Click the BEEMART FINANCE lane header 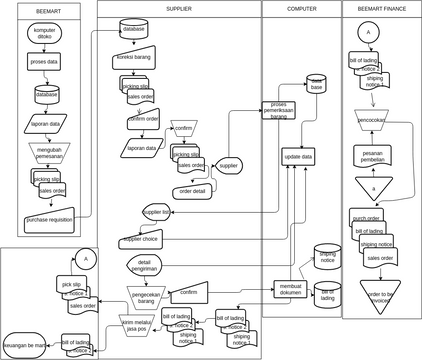[380, 8]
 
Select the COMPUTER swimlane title [301, 8]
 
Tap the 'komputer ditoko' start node [45, 33]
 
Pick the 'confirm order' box [144, 122]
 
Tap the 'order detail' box [193, 191]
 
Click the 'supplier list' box [158, 212]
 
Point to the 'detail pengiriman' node [145, 267]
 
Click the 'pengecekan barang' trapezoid [146, 297]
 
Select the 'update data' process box [298, 157]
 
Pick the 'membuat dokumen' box [291, 288]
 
